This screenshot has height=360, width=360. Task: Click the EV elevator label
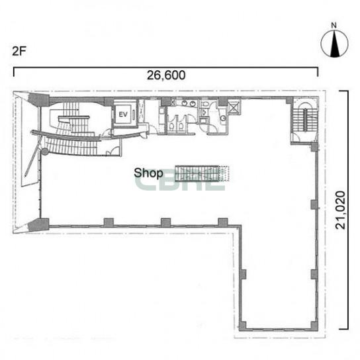point(123,114)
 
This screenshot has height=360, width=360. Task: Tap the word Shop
point(148,173)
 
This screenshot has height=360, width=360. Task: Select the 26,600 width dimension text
point(166,75)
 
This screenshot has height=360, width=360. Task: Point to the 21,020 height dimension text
point(340,210)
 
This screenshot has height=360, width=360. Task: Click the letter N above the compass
point(334,25)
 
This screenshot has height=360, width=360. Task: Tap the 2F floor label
point(19,51)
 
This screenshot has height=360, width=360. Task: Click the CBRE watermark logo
point(180,182)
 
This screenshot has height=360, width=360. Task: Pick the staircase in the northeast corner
point(305,120)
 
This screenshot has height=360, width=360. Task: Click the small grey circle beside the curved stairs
point(45,152)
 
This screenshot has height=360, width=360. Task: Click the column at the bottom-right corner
point(314,326)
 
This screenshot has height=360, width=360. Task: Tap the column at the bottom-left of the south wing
point(242,326)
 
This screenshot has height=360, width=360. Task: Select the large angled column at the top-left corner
point(38,99)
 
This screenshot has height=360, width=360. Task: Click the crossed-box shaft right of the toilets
point(234,107)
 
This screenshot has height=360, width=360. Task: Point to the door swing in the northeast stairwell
point(296,137)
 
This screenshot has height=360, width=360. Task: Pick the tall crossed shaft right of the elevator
point(142,111)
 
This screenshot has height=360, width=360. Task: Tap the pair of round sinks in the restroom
point(188,103)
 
